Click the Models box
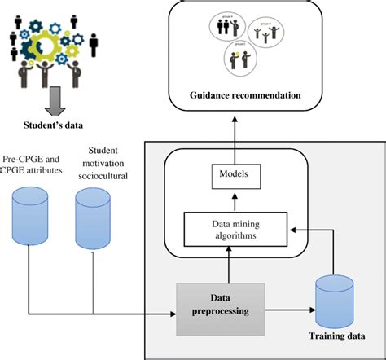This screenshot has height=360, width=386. point(230,174)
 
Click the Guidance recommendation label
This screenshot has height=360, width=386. point(235,96)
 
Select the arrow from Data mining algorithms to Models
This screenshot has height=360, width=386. point(230,199)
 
